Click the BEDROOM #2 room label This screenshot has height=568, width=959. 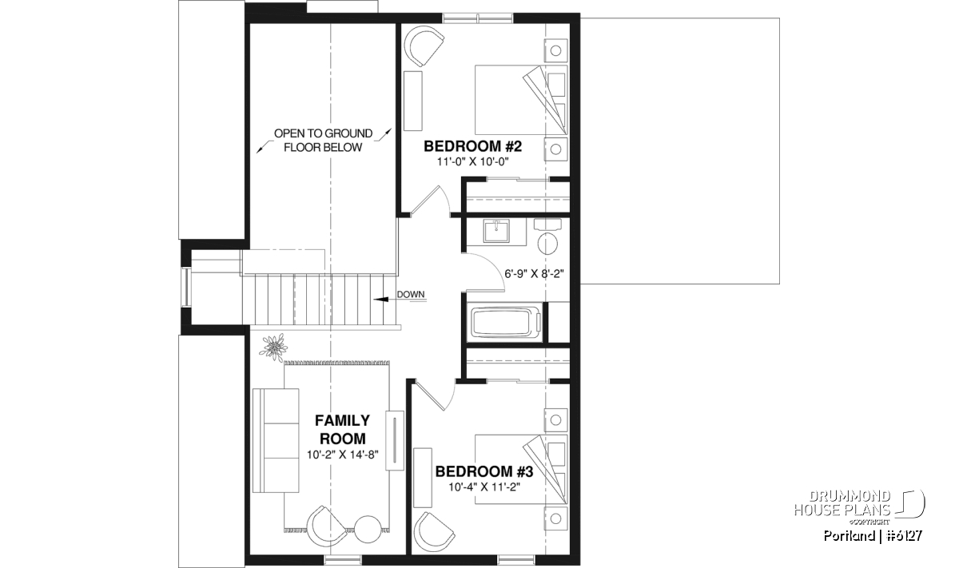(472, 146)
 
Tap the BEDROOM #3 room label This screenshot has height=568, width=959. (484, 471)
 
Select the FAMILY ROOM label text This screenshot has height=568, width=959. (343, 430)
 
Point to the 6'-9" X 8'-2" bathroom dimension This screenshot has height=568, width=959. (535, 273)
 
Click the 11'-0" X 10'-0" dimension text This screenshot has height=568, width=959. (472, 162)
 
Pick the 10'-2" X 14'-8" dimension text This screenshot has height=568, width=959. (343, 455)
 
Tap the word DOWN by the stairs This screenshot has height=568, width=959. (411, 295)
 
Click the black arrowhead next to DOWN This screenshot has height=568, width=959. (381, 300)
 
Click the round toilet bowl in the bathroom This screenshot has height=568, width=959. (547, 244)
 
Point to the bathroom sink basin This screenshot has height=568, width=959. (496, 231)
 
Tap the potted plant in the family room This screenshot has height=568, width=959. (273, 346)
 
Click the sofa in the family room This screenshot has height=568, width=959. (276, 440)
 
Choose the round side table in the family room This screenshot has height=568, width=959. (368, 530)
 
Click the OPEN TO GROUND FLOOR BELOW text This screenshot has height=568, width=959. (323, 141)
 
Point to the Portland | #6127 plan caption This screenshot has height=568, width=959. (873, 535)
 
